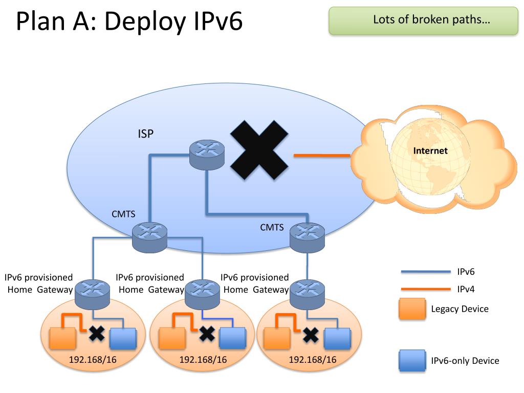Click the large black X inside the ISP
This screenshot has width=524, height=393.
click(259, 150)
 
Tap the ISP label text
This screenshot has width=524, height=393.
click(146, 134)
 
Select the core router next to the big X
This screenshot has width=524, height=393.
click(207, 155)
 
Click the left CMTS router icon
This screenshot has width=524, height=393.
click(149, 237)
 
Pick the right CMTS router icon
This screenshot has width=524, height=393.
click(307, 237)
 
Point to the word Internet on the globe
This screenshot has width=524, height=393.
click(430, 151)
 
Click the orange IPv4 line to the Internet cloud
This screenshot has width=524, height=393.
click(322, 156)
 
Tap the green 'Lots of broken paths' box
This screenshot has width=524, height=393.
click(423, 20)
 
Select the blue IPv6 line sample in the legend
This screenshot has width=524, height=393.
click(425, 272)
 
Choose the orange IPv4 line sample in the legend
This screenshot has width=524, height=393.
click(425, 289)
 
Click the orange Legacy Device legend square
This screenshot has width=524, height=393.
click(412, 309)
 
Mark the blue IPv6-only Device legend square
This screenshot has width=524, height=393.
click(412, 361)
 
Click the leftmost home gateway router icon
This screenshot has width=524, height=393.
click(92, 294)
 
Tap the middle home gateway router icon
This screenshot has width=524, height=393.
click(202, 294)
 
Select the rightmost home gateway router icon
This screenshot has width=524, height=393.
click(307, 294)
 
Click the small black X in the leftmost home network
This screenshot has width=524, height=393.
click(97, 334)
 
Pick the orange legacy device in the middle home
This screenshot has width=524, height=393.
click(172, 339)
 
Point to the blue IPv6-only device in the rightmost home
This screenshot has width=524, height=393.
click(338, 339)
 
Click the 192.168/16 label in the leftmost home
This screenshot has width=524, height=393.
click(93, 360)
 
